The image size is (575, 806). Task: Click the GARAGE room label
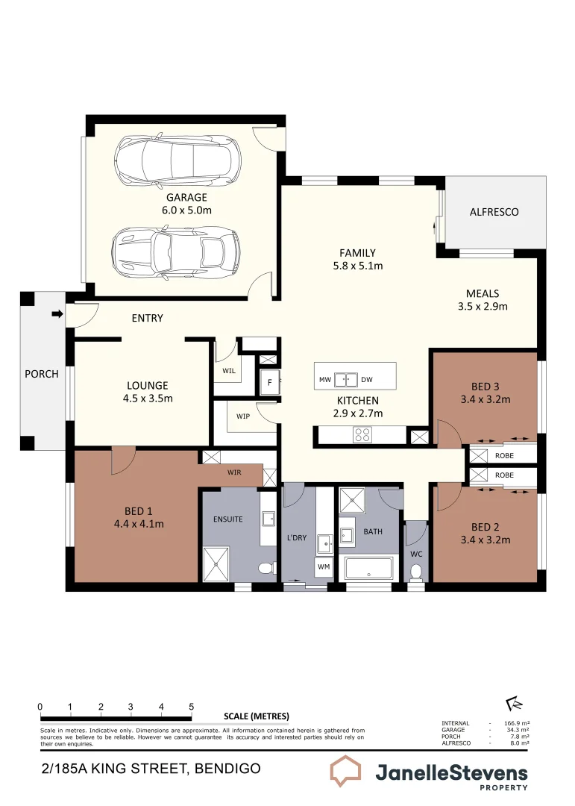pos(186,198)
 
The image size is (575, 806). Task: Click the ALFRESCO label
pos(494,212)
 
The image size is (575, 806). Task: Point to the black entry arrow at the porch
pos(57,314)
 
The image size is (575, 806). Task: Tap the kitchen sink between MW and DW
pos(345,380)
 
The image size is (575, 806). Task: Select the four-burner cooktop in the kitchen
pos(362,434)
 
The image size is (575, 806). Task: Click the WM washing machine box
pos(324,567)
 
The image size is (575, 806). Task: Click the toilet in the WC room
pos(416,572)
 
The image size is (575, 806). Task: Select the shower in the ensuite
pos(216,563)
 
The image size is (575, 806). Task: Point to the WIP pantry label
pos(244,415)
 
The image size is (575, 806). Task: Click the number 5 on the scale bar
pos(192,707)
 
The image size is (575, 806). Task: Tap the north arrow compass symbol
pos(514,704)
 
